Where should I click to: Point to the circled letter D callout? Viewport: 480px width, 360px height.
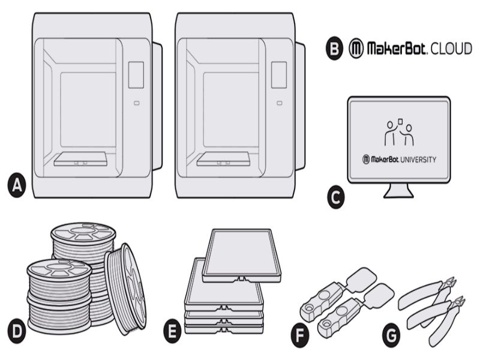(17, 329)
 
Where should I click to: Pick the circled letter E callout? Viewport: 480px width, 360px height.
(174, 329)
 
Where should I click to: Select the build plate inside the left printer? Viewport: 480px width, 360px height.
(80, 159)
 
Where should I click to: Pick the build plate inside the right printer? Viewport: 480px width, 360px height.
(223, 159)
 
